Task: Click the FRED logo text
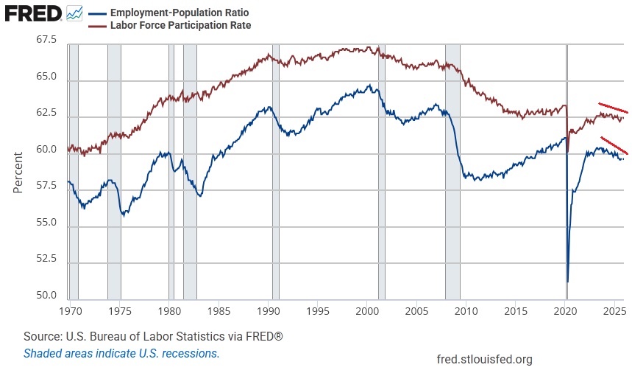click(33, 13)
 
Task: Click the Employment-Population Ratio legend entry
click(180, 13)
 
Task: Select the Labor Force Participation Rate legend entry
click(180, 25)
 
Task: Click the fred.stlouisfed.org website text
click(484, 360)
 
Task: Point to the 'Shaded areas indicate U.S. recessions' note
click(121, 353)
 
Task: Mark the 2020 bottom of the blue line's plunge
click(567, 281)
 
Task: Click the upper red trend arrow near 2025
click(613, 108)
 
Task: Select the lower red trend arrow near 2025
click(614, 145)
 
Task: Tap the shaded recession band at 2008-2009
click(452, 170)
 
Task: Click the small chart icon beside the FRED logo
click(74, 13)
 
